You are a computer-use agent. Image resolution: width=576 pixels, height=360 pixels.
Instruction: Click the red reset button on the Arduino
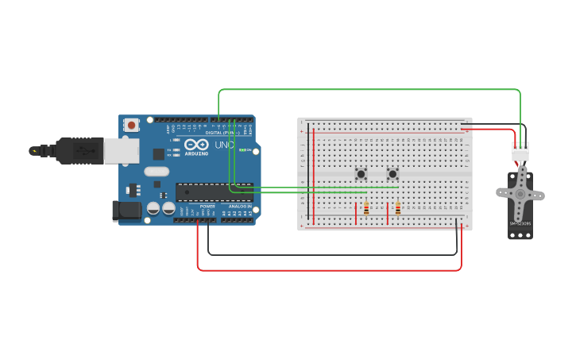click(131, 125)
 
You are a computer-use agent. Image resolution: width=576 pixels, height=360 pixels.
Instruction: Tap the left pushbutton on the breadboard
click(361, 174)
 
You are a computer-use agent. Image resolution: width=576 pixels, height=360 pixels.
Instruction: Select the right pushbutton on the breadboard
click(392, 174)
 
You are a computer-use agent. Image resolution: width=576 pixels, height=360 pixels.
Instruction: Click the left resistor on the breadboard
click(365, 208)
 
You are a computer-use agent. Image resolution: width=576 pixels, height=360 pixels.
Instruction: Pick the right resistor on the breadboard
click(397, 208)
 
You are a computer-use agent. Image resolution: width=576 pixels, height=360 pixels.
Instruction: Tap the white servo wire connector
click(520, 151)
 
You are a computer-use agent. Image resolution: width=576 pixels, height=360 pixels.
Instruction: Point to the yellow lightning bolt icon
click(33, 150)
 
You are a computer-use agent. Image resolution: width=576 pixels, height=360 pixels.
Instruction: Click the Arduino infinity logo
click(196, 145)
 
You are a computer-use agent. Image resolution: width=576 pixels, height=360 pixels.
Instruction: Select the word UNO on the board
click(224, 145)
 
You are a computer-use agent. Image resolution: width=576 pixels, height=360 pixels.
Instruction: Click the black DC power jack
click(126, 210)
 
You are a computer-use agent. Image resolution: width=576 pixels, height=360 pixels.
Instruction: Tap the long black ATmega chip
click(214, 192)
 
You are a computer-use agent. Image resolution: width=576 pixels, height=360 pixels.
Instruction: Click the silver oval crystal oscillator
click(157, 171)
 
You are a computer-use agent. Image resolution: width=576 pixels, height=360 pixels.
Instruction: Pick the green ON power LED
click(242, 150)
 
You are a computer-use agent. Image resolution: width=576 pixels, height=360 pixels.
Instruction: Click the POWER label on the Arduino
click(207, 206)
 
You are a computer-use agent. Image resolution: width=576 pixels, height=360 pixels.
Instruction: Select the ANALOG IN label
click(238, 206)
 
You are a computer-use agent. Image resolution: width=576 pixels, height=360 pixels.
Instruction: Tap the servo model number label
click(520, 223)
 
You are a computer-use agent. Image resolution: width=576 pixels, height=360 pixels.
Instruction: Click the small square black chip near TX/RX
click(159, 154)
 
